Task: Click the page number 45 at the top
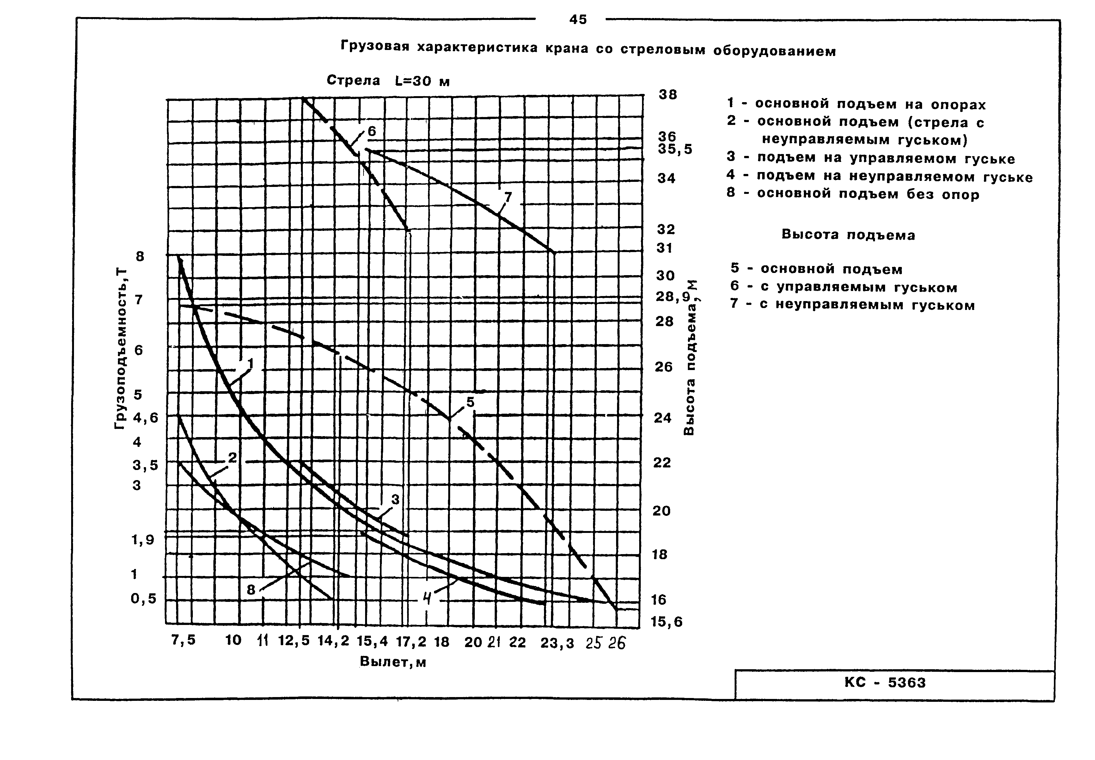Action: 578,20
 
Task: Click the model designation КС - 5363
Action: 885,683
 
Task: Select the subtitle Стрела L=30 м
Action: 388,80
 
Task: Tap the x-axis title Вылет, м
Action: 393,662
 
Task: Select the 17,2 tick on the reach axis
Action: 411,642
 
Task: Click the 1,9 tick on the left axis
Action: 143,540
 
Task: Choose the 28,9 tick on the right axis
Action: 672,297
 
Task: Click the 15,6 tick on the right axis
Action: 667,622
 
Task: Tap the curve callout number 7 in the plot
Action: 508,197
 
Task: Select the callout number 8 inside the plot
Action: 251,590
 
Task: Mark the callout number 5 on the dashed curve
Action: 470,402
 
